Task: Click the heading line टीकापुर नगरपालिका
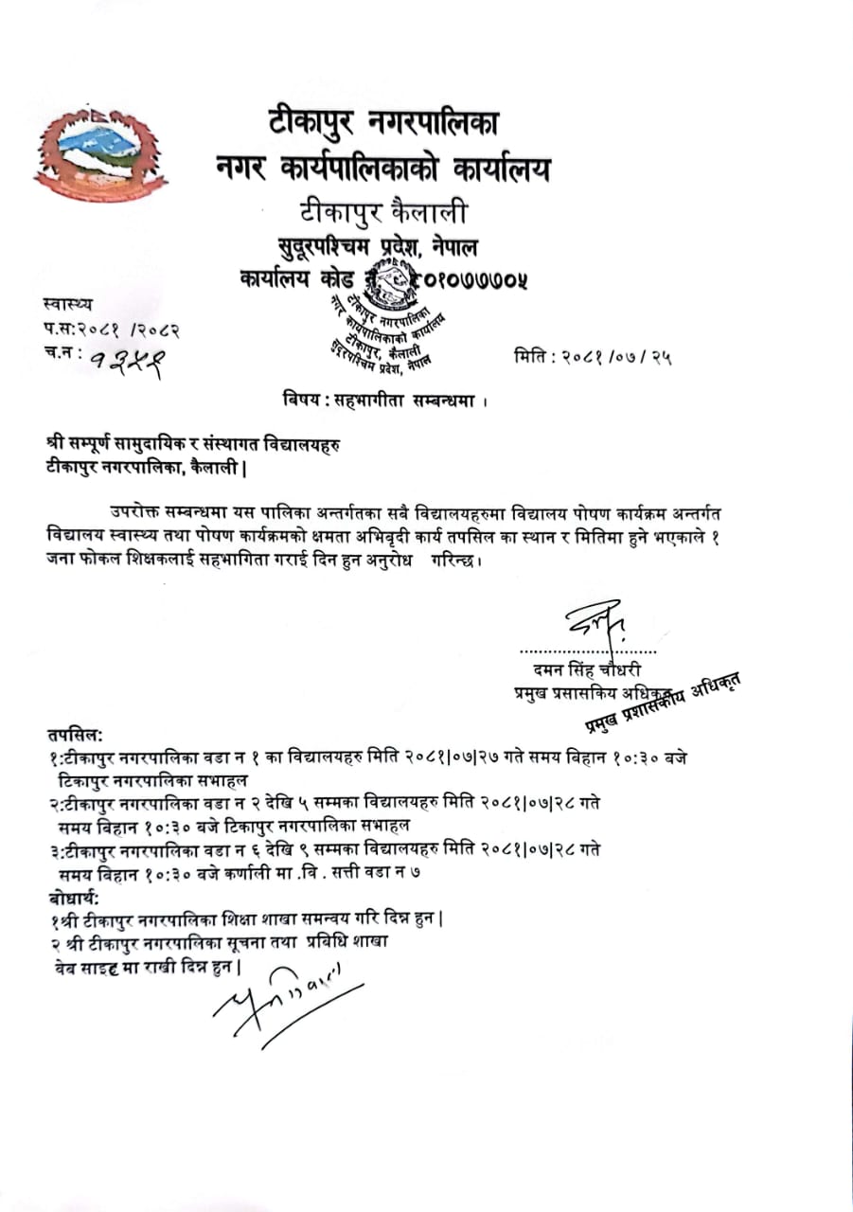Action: [x=382, y=123]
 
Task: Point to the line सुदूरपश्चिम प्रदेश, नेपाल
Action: [x=378, y=248]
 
